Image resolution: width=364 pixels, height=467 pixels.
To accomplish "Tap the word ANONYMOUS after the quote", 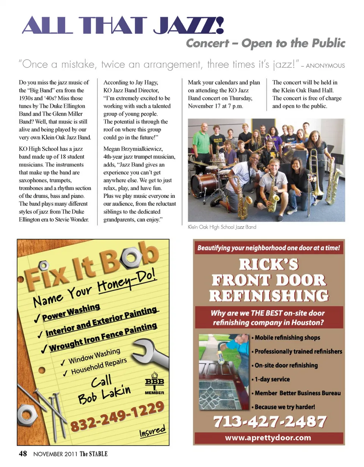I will [325, 66].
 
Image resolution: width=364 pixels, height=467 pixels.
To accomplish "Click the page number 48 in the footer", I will [23, 454].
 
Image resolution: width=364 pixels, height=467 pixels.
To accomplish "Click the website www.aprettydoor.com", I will [268, 438].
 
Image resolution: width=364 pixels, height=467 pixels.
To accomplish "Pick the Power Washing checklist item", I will [71, 311].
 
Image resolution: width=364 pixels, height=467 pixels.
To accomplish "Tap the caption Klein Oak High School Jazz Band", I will [222, 227].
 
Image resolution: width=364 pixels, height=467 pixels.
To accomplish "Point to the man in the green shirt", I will [201, 143].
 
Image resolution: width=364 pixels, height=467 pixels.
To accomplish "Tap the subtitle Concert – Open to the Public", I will [265, 43].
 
